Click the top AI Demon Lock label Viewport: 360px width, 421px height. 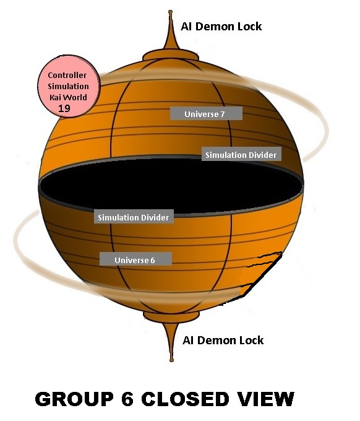pyautogui.click(x=221, y=27)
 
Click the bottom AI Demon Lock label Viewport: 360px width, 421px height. pyautogui.click(x=223, y=340)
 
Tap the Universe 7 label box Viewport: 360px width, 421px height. pyautogui.click(x=206, y=113)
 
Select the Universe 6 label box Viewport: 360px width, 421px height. pyautogui.click(x=135, y=259)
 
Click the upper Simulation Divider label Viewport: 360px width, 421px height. pyautogui.click(x=241, y=154)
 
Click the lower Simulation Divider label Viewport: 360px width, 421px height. pyautogui.click(x=134, y=217)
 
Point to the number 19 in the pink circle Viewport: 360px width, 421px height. pyautogui.click(x=64, y=108)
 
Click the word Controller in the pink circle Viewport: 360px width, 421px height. pyautogui.click(x=67, y=75)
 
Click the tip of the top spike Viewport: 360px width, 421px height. pyautogui.click(x=170, y=12)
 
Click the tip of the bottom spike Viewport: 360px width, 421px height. pyautogui.click(x=172, y=360)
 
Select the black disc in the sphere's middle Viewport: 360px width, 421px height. pyautogui.click(x=171, y=186)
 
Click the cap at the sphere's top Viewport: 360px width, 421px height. pyautogui.click(x=171, y=55)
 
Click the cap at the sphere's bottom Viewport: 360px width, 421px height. pyautogui.click(x=171, y=317)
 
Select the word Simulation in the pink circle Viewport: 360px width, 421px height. pyautogui.click(x=68, y=86)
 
